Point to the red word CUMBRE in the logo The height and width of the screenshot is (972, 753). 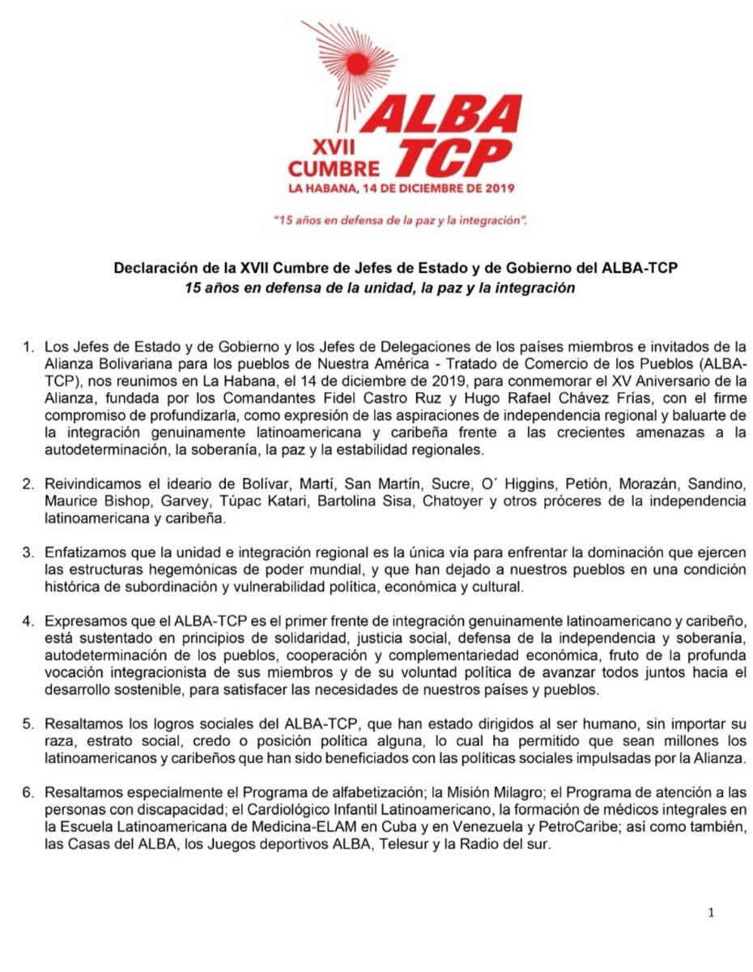click(x=334, y=169)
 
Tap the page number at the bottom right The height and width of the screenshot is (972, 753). click(x=711, y=914)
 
